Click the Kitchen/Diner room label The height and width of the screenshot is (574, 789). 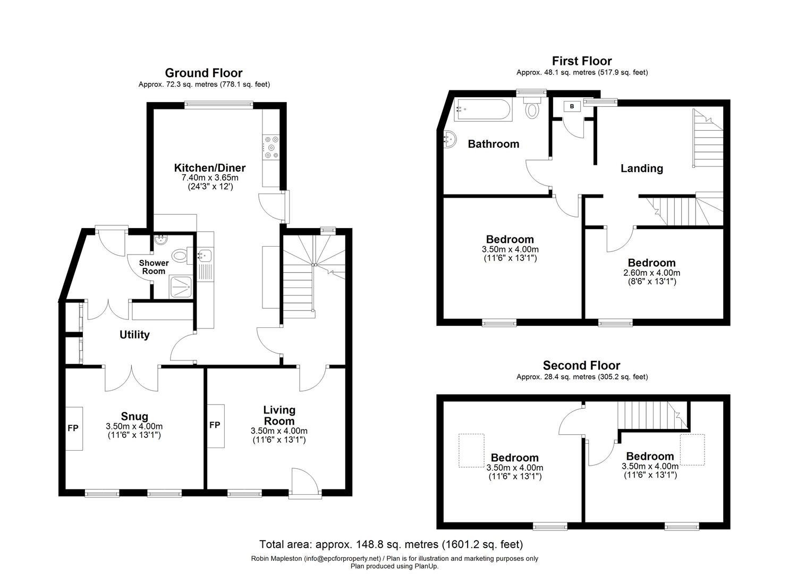210,168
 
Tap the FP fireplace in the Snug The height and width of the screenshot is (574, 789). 73,428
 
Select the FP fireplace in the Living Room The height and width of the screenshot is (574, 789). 215,426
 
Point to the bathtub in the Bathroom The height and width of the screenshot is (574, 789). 483,110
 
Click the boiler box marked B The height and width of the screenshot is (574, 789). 572,106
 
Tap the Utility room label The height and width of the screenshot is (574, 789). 134,334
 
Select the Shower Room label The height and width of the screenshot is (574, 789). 154,267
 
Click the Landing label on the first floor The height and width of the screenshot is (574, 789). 641,168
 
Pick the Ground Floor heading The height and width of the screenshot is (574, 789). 203,73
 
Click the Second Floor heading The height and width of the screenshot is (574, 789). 581,366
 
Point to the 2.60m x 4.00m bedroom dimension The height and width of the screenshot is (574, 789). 651,273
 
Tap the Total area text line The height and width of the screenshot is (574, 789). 391,544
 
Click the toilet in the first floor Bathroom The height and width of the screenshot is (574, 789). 532,109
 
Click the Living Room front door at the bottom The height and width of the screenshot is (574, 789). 305,484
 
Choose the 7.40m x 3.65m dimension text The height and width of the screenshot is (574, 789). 210,178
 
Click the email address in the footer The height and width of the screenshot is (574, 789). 342,559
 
